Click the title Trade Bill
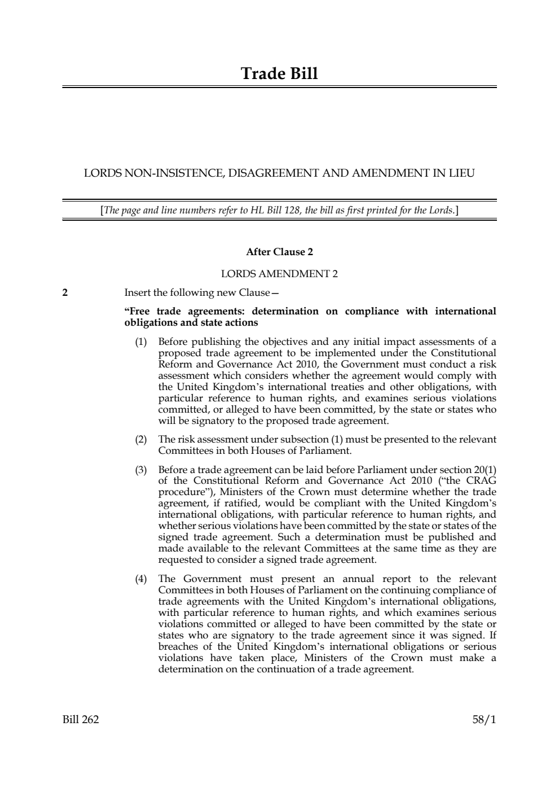coord(279,73)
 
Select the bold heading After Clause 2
coord(279,252)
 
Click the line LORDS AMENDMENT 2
coord(279,274)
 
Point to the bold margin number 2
coord(65,292)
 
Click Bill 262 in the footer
coord(81,719)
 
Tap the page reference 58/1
coord(485,719)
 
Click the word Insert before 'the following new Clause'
coord(137,292)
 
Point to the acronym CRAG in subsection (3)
coord(481,481)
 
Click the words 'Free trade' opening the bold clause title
coord(151,311)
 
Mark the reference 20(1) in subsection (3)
coord(485,470)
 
